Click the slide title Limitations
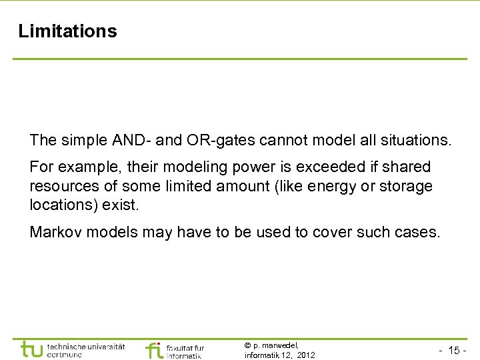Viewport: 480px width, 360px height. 67,31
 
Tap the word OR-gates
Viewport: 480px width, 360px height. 207,141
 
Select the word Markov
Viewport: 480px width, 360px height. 51,232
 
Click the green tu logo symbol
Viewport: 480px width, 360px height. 32,349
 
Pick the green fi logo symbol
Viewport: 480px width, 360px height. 154,349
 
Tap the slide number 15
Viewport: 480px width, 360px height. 454,351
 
